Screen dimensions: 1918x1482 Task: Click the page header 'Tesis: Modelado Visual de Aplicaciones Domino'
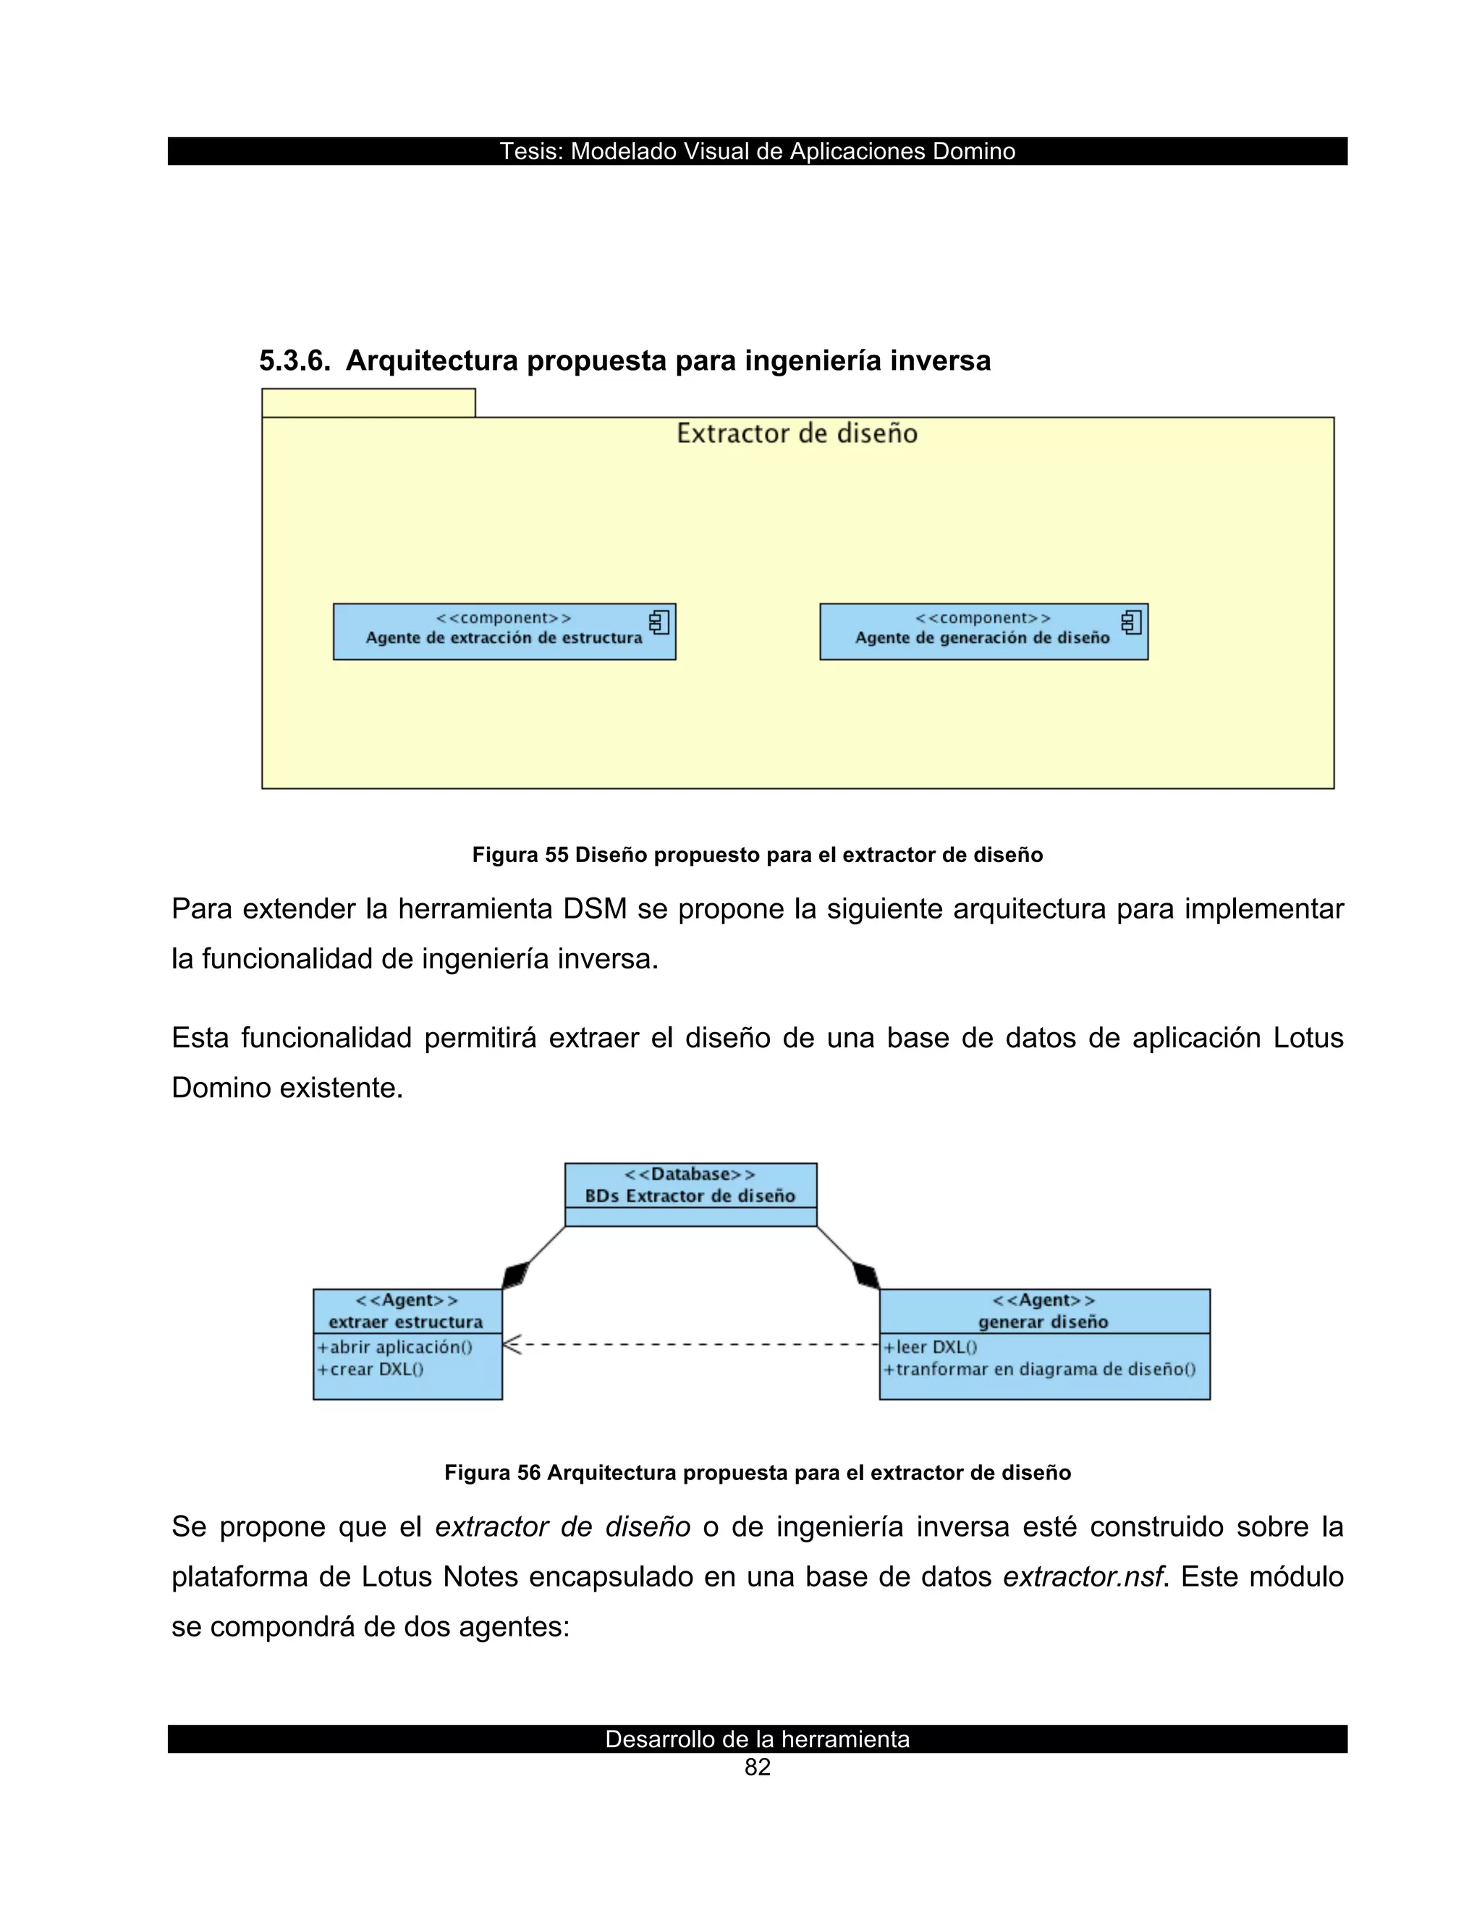[x=757, y=151]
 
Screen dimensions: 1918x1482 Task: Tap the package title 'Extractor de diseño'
[x=796, y=434]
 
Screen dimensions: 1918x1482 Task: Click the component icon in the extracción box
[x=659, y=622]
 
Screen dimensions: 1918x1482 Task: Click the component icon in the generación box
[x=1132, y=622]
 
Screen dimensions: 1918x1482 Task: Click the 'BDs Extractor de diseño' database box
[x=690, y=1194]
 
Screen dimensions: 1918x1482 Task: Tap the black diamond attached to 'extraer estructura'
[x=516, y=1273]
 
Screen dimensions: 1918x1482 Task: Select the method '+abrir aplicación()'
[x=395, y=1347]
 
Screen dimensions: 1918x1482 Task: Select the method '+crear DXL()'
[x=370, y=1369]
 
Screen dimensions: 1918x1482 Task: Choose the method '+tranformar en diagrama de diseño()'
[x=1040, y=1369]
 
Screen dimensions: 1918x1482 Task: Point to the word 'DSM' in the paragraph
[x=594, y=909]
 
